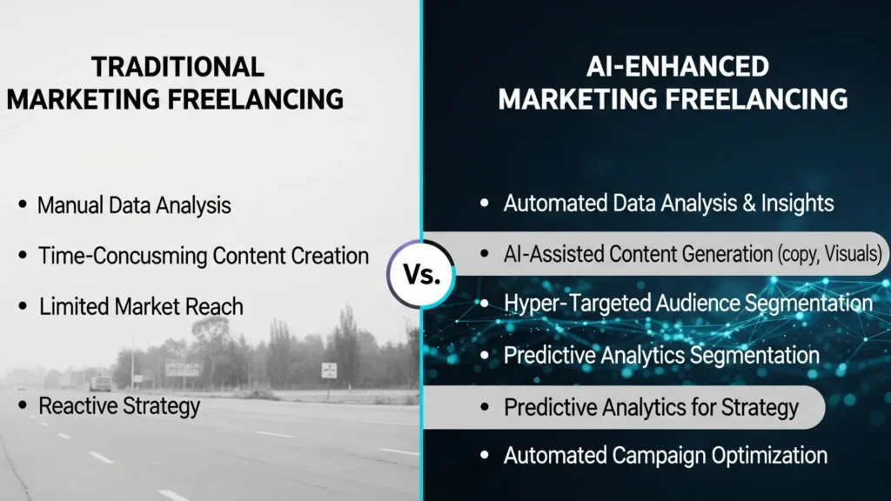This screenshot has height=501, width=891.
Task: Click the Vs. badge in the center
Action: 422,274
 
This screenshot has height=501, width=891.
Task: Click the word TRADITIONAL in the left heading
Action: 178,67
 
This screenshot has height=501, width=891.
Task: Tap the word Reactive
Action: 82,405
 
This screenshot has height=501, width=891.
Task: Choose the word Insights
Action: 791,204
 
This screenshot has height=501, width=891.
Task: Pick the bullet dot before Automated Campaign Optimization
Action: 486,455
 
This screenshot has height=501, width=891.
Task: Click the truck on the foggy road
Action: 101,383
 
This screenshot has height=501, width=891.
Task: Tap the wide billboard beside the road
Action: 183,369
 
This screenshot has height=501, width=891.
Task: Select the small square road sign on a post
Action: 329,370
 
